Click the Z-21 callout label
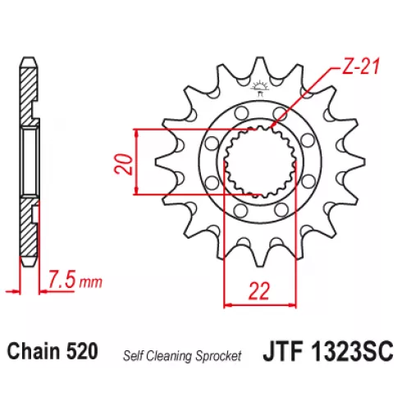click(x=361, y=66)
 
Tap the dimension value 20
click(x=123, y=164)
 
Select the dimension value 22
click(x=259, y=291)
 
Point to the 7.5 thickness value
click(x=62, y=279)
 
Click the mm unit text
click(x=90, y=282)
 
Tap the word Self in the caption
click(x=130, y=355)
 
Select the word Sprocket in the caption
click(x=218, y=356)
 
